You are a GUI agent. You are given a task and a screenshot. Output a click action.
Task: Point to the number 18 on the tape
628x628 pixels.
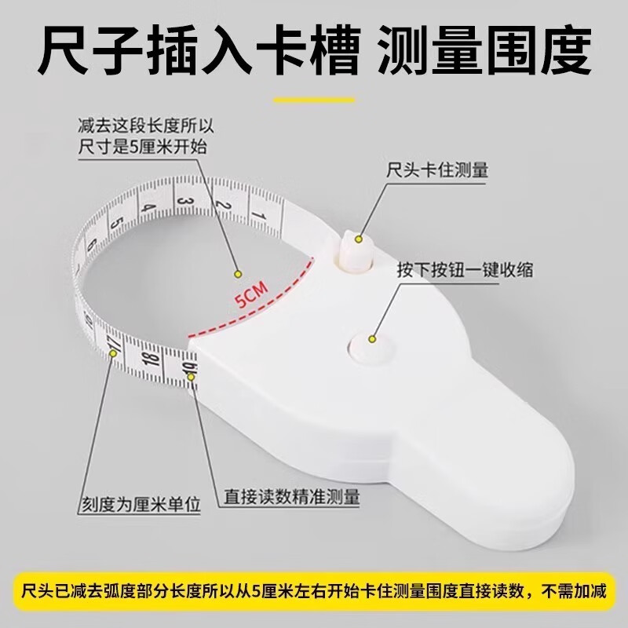152,360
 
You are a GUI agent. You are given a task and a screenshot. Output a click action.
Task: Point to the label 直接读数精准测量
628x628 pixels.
292,496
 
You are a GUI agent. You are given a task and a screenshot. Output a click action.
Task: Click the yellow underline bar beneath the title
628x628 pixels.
314,101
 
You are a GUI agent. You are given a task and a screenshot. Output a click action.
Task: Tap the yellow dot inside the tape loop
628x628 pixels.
235,274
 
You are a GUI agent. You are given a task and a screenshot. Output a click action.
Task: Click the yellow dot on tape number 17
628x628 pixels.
115,354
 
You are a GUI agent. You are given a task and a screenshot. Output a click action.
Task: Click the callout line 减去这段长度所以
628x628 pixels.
146,126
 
